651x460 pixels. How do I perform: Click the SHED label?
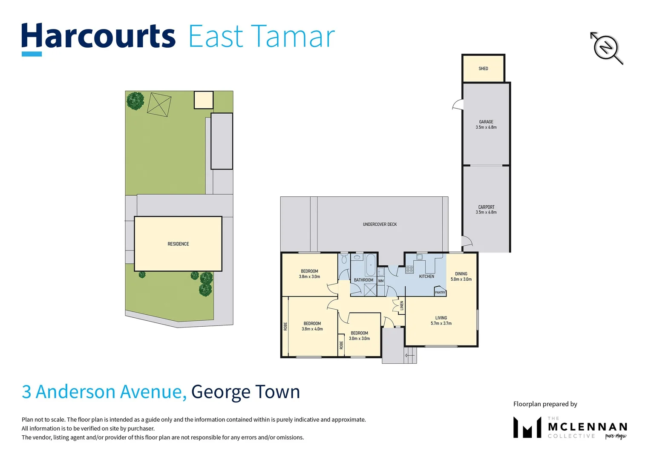coord(483,69)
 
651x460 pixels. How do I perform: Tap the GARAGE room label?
coord(486,122)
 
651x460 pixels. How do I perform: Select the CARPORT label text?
coord(486,207)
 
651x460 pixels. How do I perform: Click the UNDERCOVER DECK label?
coord(380,224)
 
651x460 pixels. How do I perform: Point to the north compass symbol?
coord(606,47)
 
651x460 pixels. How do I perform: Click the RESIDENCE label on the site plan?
coord(178,244)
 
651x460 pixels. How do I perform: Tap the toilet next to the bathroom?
coord(344,259)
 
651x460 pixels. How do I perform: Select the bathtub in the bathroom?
coord(370,265)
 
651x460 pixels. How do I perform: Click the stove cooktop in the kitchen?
coord(409,269)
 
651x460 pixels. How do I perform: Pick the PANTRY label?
coord(440,293)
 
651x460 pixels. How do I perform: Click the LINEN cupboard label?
coord(401,305)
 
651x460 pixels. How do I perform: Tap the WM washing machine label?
coord(381,281)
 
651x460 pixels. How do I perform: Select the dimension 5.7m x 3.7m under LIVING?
coord(441,324)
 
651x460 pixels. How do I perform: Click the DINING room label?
coord(461,274)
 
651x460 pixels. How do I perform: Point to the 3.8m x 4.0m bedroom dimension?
coord(312,329)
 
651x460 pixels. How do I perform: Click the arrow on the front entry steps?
coord(409,355)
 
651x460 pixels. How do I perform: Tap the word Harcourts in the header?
coord(98,37)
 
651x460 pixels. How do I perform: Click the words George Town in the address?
coord(245,392)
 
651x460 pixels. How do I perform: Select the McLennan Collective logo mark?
coord(527,427)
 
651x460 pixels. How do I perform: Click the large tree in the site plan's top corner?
coord(135,101)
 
